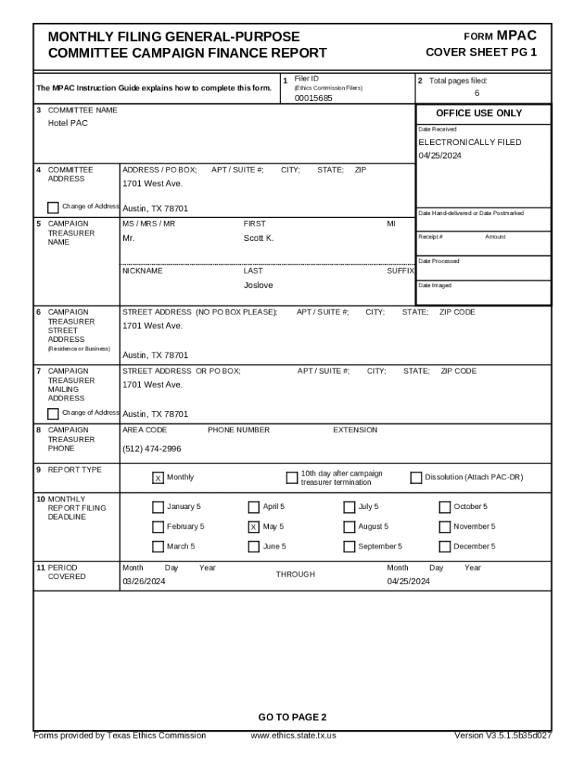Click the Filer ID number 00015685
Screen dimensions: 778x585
pos(313,98)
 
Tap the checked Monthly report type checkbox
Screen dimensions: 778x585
pos(157,478)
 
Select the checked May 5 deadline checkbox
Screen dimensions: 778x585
pos(253,527)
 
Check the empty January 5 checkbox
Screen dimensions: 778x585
pos(157,507)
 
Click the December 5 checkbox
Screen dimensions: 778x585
pos(444,546)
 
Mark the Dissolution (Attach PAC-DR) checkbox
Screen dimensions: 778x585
pos(416,478)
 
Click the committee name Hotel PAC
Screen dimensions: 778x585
pos(68,123)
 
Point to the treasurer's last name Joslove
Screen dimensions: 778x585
pos(258,285)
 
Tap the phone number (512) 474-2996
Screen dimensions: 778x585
pos(152,449)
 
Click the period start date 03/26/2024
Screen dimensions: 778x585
pos(144,582)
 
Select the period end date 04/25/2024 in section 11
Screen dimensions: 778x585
pos(408,582)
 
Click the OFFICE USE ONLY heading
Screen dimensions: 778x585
pos(479,113)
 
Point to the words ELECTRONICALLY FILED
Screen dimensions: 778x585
pos(470,142)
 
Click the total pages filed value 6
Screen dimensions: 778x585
pos(476,93)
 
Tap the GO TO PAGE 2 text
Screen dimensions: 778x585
pos(292,717)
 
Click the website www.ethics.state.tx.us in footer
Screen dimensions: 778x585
pos(292,735)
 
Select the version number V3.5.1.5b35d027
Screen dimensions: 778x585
pos(502,735)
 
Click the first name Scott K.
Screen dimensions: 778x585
pos(258,239)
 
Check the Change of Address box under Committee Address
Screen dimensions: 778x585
pos(52,207)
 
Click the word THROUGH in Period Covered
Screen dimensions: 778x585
pos(295,574)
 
